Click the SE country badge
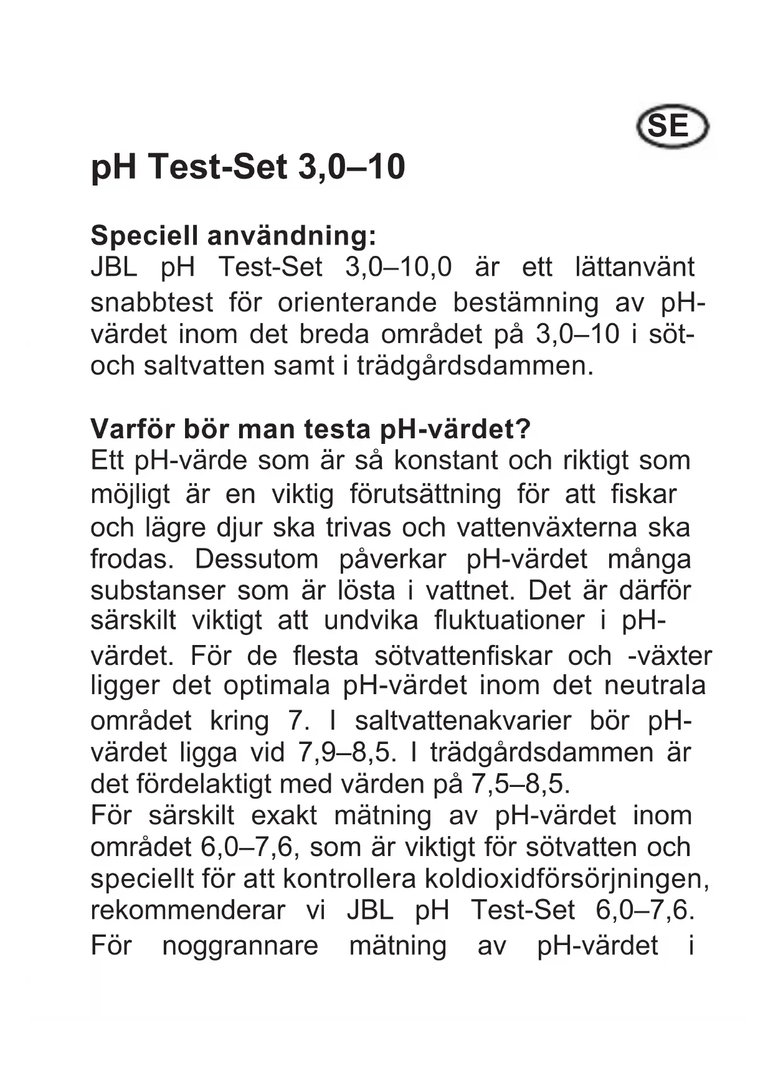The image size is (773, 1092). pyautogui.click(x=672, y=127)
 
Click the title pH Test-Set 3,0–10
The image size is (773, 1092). pyautogui.click(x=248, y=167)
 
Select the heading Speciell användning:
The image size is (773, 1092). pyautogui.click(x=234, y=235)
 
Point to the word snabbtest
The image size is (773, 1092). pyautogui.click(x=151, y=303)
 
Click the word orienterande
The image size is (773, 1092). pyautogui.click(x=357, y=303)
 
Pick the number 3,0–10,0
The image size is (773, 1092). pyautogui.click(x=398, y=267)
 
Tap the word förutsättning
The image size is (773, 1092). pyautogui.click(x=425, y=494)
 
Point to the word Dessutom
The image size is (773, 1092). pyautogui.click(x=257, y=559)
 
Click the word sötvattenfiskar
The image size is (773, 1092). pyautogui.click(x=463, y=656)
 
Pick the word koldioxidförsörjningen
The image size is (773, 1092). pyautogui.click(x=567, y=878)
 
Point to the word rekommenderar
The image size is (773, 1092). pyautogui.click(x=187, y=910)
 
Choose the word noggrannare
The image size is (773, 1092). pyautogui.click(x=240, y=946)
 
